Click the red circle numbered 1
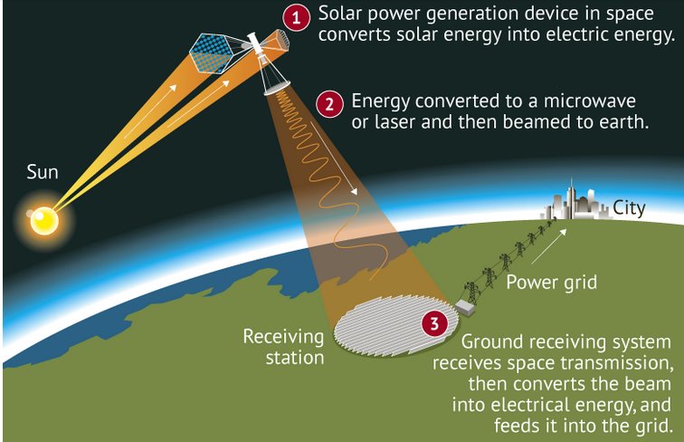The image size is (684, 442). click(296, 17)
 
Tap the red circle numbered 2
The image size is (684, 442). click(329, 104)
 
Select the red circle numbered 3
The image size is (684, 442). click(434, 323)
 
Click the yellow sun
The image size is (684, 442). click(44, 221)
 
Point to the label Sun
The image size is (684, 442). click(43, 172)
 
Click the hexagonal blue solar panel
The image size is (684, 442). click(213, 53)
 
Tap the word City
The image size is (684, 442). click(629, 208)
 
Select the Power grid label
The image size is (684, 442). click(551, 283)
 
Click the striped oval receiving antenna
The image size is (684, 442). click(396, 325)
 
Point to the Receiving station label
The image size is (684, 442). click(283, 347)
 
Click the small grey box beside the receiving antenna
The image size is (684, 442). click(464, 307)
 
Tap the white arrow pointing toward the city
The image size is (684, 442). click(549, 246)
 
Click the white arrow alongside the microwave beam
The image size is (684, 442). click(334, 159)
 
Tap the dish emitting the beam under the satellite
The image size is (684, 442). click(278, 88)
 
